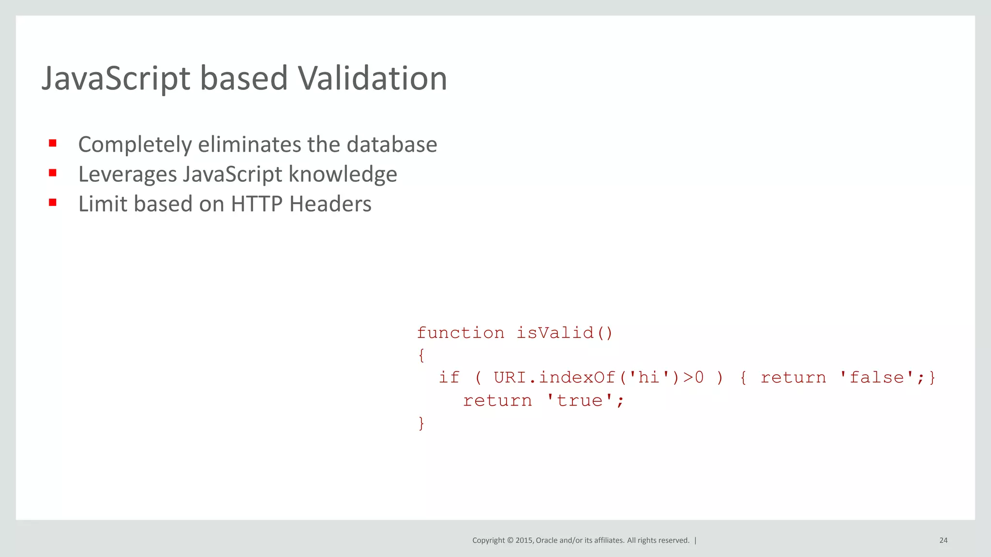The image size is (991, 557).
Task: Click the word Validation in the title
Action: tap(372, 78)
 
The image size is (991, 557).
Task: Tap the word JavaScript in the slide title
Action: tap(116, 78)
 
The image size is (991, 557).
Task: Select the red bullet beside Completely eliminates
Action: tap(53, 143)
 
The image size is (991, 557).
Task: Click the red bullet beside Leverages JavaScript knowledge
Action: tap(53, 173)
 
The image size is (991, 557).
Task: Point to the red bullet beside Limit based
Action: tap(53, 203)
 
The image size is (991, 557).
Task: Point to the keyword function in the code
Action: tap(460, 333)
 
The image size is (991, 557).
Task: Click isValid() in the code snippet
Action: tap(565, 333)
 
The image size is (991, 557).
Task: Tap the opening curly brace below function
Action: tap(421, 355)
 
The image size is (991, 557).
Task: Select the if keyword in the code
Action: tap(449, 377)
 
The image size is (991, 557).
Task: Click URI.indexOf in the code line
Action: tap(554, 377)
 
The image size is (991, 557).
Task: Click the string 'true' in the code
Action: tap(580, 400)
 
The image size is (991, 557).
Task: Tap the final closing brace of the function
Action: tap(421, 423)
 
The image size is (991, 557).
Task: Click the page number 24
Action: tap(943, 540)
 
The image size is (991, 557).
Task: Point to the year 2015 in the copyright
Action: tap(525, 540)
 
